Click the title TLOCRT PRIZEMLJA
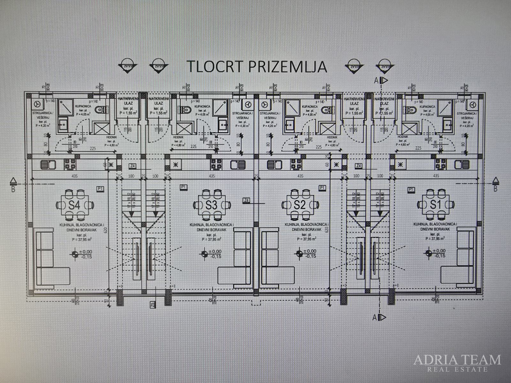[256, 66]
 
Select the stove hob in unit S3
[216, 165]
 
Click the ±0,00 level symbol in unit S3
[204, 254]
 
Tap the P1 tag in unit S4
[100, 189]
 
